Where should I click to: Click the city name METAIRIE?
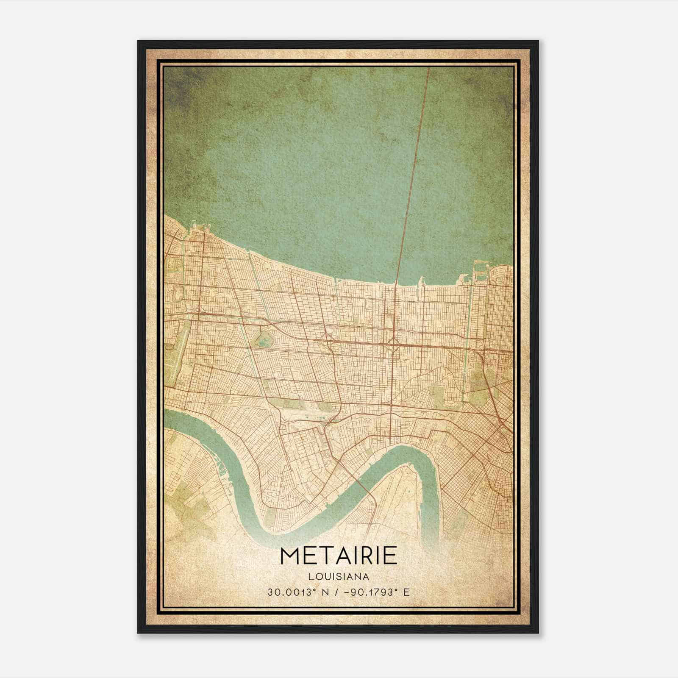tap(339, 556)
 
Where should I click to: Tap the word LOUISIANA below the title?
tap(339, 577)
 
